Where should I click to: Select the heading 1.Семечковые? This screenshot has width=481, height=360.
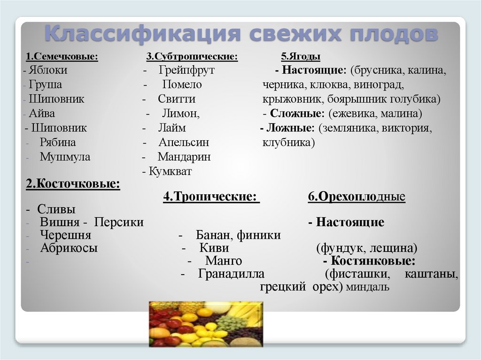tap(62, 57)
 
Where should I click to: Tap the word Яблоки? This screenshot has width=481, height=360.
tap(47, 70)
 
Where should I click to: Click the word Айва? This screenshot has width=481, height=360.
tap(42, 114)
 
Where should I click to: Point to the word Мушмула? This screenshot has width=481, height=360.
tap(65, 157)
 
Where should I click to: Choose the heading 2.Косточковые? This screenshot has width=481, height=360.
tap(73, 184)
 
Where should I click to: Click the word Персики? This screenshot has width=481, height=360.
tap(119, 222)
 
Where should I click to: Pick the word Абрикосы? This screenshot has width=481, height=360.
tap(69, 248)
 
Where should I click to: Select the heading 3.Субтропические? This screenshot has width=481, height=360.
tap(192, 57)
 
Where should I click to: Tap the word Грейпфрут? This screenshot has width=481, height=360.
tap(186, 70)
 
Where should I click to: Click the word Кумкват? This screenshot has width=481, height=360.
tap(171, 172)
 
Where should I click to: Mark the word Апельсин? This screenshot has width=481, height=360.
tap(184, 142)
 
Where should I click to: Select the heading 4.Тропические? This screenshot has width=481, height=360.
tap(211, 197)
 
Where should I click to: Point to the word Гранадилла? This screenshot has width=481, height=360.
tap(231, 274)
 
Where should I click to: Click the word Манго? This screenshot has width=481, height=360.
tap(224, 261)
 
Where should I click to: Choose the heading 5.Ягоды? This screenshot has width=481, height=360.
tap(301, 57)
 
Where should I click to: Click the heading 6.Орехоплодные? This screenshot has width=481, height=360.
tap(357, 197)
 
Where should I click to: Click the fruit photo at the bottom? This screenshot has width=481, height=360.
tap(206, 324)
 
